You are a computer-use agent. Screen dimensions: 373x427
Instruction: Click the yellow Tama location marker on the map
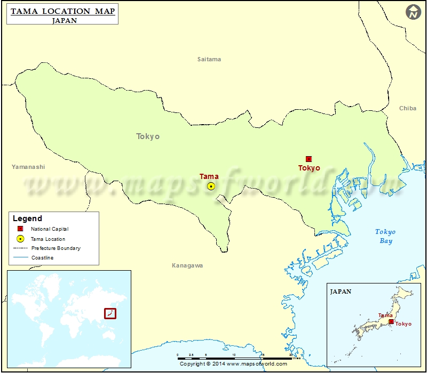211,186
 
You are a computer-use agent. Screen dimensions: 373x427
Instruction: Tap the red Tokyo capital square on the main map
309,159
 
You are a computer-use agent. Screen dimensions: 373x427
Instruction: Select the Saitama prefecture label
209,59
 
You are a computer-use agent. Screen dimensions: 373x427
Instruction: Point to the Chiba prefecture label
408,108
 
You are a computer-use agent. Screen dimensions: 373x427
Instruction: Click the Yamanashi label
28,167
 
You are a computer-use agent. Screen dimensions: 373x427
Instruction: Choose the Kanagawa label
187,265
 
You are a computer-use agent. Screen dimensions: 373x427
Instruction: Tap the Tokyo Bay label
385,236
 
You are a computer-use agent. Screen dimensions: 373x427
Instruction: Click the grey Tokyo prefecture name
148,136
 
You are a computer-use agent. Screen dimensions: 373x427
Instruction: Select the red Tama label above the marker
209,176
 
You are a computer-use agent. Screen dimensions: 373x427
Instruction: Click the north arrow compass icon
413,12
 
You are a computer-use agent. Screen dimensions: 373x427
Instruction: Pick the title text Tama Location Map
62,11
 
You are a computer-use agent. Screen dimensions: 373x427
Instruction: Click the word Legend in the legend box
27,218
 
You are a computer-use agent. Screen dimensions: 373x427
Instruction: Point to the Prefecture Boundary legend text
56,248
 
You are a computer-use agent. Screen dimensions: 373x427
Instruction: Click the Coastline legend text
42,258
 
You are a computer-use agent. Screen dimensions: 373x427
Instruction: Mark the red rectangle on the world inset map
109,313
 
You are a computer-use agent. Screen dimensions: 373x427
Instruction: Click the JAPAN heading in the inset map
341,291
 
